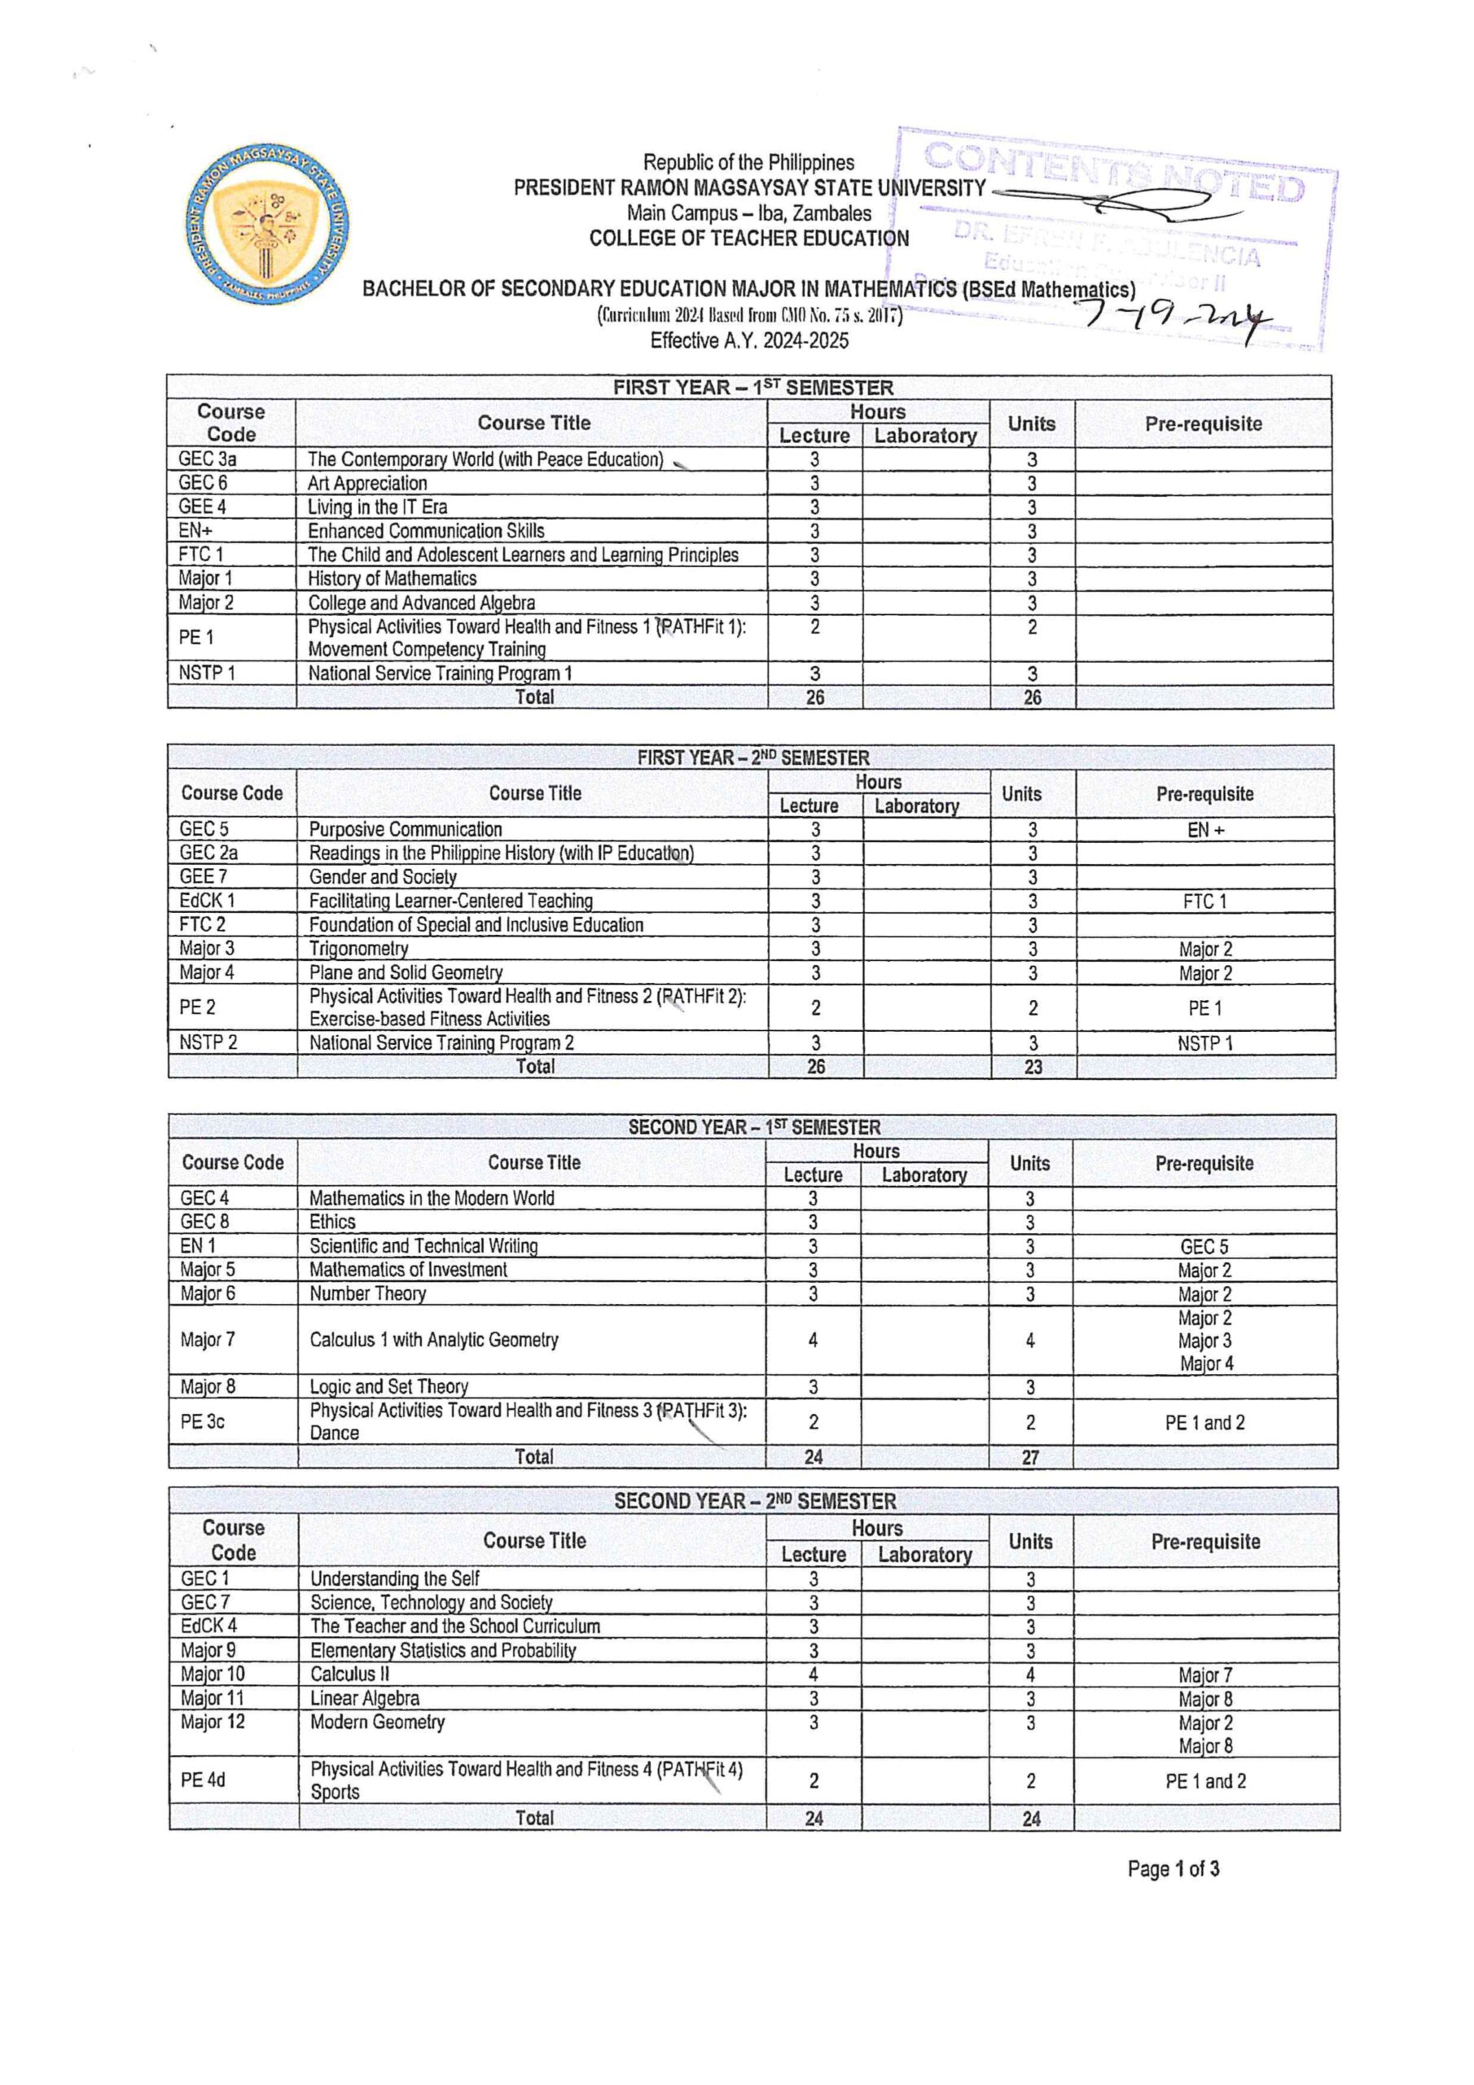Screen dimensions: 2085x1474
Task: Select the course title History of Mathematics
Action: [x=392, y=578]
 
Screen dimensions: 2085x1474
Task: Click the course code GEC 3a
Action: [x=207, y=459]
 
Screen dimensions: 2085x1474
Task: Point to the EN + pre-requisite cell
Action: [x=1205, y=830]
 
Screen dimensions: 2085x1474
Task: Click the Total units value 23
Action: [x=1033, y=1067]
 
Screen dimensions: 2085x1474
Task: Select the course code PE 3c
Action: [x=203, y=1422]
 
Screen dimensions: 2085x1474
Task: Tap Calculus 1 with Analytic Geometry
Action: [x=433, y=1340]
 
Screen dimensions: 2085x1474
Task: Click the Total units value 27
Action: [x=1030, y=1458]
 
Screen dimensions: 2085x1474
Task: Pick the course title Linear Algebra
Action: [x=364, y=1698]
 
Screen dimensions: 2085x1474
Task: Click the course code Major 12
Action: [x=213, y=1722]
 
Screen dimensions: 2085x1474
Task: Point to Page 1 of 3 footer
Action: [x=1173, y=1869]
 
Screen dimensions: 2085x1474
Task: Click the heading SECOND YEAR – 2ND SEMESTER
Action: [x=754, y=1501]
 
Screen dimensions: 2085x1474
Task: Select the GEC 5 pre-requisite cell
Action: [x=1204, y=1247]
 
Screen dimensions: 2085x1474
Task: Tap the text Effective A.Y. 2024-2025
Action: [x=749, y=340]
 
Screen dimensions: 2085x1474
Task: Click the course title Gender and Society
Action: [x=383, y=877]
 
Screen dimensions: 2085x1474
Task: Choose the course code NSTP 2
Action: [x=208, y=1042]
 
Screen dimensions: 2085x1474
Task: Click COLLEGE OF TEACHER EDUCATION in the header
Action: [x=748, y=239]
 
